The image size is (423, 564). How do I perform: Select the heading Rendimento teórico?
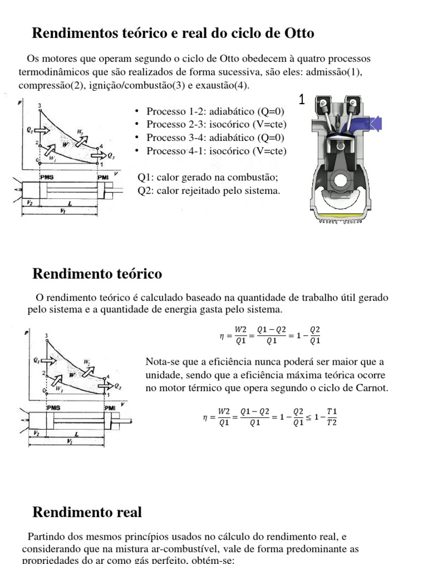pos(97,274)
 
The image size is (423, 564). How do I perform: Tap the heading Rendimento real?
pos(87,512)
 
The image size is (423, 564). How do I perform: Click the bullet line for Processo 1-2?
pos(215,111)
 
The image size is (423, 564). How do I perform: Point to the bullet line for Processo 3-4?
pos(215,138)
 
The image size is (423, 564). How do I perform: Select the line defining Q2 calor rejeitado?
pos(209,191)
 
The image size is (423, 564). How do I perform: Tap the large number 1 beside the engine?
pos(302,100)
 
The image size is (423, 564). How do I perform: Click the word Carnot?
pos(373,388)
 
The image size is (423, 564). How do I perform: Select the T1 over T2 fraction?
pos(332,417)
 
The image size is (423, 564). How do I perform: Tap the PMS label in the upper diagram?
pos(46,177)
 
